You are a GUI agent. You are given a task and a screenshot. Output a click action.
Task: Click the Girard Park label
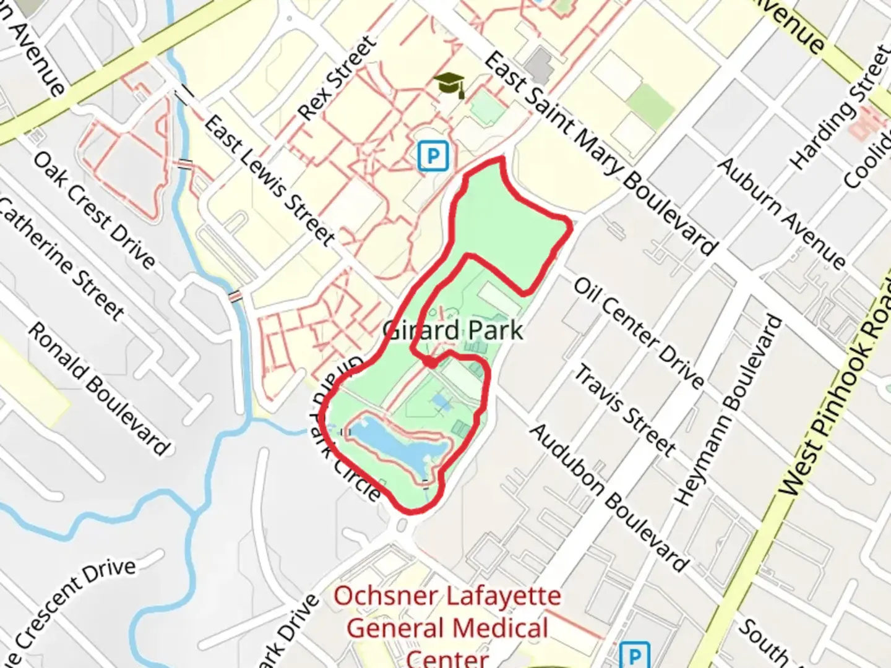452,330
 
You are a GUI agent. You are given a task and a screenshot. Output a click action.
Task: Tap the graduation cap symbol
449,84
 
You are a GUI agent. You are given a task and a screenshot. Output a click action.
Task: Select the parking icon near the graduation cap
433,155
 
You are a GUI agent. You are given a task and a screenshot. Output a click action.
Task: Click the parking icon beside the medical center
634,656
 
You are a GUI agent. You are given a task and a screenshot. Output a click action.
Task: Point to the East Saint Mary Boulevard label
600,153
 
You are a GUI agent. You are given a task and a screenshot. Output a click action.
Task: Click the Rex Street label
337,78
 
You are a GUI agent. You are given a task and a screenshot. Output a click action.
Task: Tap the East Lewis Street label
270,179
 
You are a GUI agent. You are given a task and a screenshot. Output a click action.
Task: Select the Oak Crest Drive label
94,210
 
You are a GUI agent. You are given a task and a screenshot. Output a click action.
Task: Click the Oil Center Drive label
639,332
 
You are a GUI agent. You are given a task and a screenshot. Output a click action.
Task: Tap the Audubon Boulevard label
609,497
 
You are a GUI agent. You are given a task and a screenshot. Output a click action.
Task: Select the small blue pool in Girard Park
441,403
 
